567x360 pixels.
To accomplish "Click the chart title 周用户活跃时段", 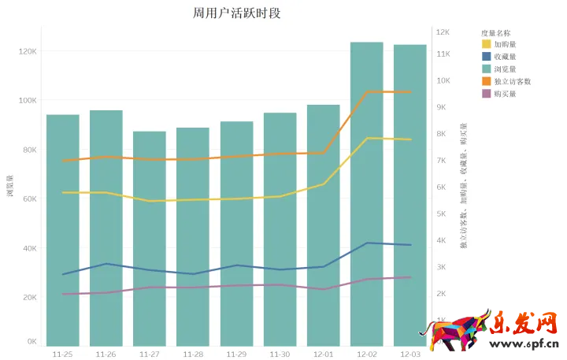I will pyautogui.click(x=236, y=13).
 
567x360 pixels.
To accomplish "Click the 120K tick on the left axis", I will pyautogui.click(x=27, y=51).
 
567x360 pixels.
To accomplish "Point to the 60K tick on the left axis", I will pyautogui.click(x=28, y=199).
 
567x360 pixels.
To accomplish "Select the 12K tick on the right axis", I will pyautogui.click(x=443, y=32).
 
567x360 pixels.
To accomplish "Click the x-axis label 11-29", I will pyautogui.click(x=236, y=354).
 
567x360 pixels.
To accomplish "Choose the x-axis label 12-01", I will pyautogui.click(x=323, y=354).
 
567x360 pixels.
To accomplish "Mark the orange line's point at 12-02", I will pyautogui.click(x=366, y=91).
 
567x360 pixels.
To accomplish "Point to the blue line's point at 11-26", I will pyautogui.click(x=106, y=264).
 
